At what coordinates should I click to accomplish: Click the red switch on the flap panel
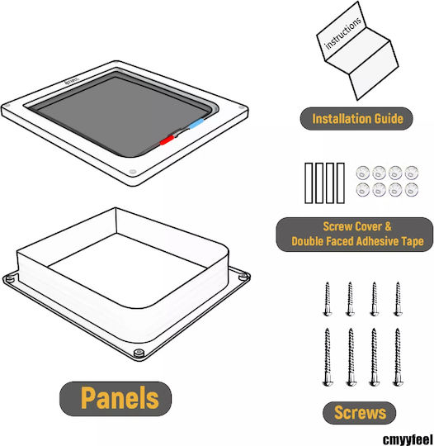tap(167, 140)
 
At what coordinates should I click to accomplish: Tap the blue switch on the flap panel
tap(196, 124)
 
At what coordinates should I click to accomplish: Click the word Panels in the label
tap(120, 397)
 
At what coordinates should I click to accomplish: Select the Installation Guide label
tap(356, 119)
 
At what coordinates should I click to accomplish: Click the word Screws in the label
tap(360, 413)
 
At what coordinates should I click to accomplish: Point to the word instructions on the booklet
tap(342, 33)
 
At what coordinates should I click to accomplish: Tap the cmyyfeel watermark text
tap(408, 439)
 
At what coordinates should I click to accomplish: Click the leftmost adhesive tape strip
tap(309, 183)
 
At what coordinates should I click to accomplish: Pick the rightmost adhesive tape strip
tap(341, 183)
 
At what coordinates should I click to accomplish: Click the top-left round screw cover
tap(363, 173)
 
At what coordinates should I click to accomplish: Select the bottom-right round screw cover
tap(411, 190)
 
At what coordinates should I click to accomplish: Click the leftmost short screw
tap(328, 299)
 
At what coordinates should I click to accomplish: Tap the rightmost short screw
tap(398, 299)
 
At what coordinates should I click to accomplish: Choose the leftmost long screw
tap(328, 357)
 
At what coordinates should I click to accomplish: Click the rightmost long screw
tap(398, 357)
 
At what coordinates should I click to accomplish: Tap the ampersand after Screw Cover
tap(388, 226)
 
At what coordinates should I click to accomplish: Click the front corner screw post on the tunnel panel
tap(139, 353)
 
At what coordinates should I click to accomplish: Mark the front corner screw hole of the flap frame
tap(133, 172)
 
